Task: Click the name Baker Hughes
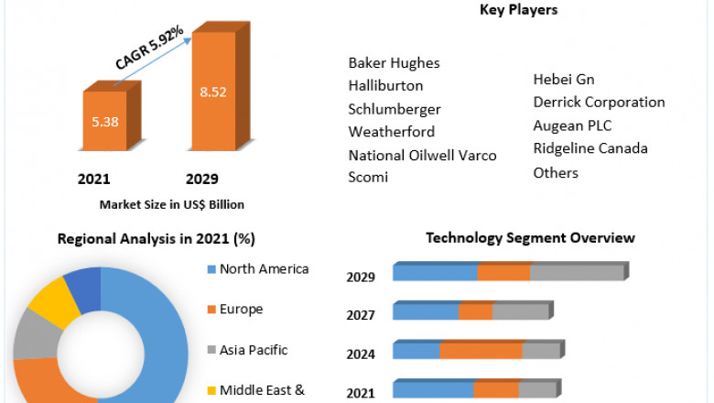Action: [x=394, y=63]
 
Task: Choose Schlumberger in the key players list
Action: [x=395, y=109]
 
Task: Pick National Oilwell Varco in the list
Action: [x=422, y=155]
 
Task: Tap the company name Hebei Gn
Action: [x=564, y=80]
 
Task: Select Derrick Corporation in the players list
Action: [x=599, y=103]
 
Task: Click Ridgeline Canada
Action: [x=590, y=148]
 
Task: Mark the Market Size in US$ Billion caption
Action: [x=171, y=204]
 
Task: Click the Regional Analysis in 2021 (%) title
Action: [x=156, y=239]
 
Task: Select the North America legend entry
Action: [x=264, y=269]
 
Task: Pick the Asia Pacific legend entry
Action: [x=254, y=350]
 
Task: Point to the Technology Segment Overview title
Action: [x=530, y=238]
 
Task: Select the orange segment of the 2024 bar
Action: [x=481, y=350]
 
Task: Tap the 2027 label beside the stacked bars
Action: [x=360, y=315]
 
